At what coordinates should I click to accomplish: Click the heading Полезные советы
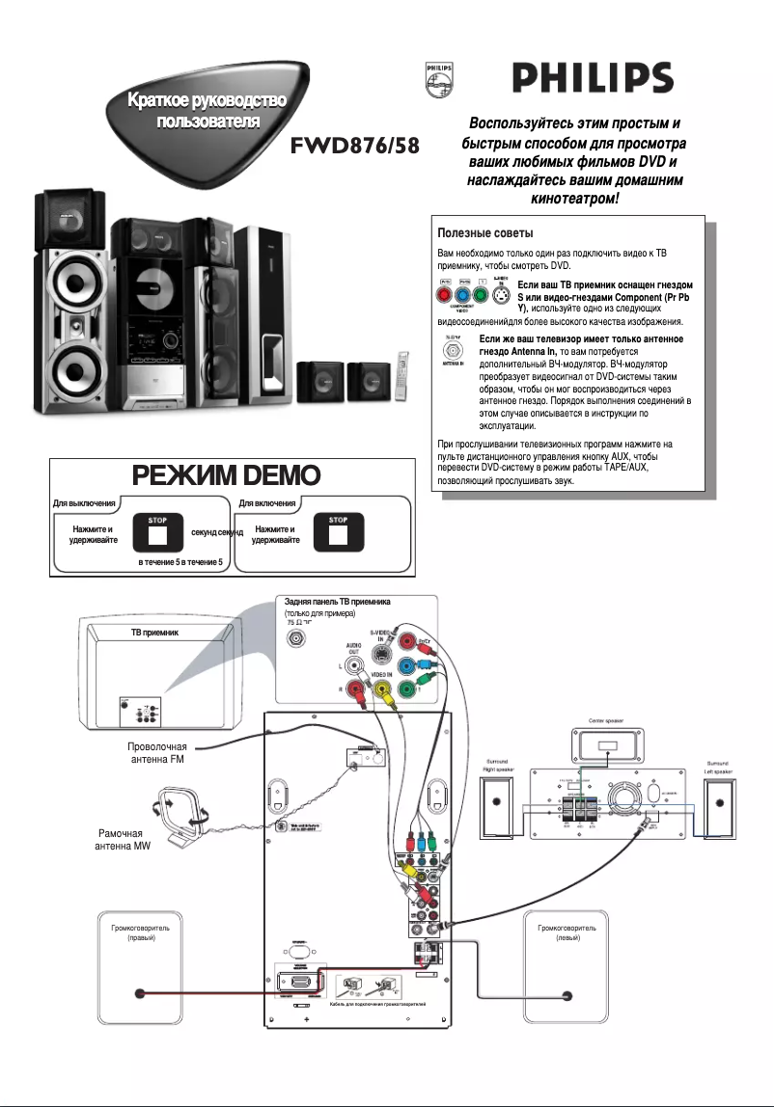[x=479, y=233]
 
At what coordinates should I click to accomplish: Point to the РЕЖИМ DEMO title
[x=232, y=477]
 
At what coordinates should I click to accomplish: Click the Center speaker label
[x=605, y=718]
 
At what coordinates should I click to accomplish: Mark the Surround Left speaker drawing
[x=718, y=806]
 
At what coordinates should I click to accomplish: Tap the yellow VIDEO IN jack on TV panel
[x=383, y=689]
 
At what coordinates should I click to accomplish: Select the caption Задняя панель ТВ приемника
[x=337, y=602]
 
